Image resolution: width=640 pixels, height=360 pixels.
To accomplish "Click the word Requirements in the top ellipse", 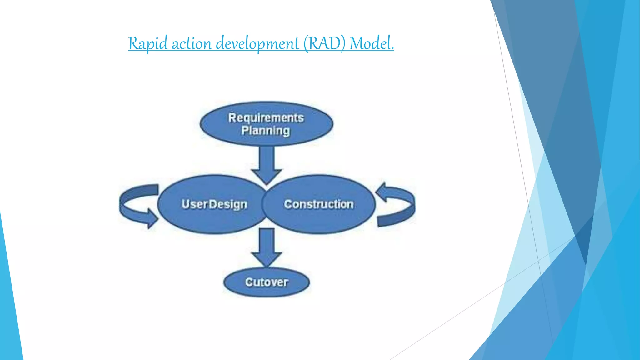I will pyautogui.click(x=266, y=118).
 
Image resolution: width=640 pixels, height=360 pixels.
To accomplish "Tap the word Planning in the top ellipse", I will pyautogui.click(x=266, y=131).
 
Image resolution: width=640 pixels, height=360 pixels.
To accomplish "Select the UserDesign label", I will pyautogui.click(x=214, y=204).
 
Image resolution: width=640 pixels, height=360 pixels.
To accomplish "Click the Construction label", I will pyautogui.click(x=319, y=204).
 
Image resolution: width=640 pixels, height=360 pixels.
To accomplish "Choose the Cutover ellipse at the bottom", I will pyautogui.click(x=267, y=282).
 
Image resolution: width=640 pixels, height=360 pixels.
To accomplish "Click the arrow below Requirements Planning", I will pyautogui.click(x=267, y=164).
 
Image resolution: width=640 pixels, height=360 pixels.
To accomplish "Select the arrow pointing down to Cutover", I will pyautogui.click(x=267, y=247).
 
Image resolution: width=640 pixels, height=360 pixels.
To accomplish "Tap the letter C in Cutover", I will pyautogui.click(x=249, y=282).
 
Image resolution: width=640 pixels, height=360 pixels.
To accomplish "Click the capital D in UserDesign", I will pyautogui.click(x=213, y=204).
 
